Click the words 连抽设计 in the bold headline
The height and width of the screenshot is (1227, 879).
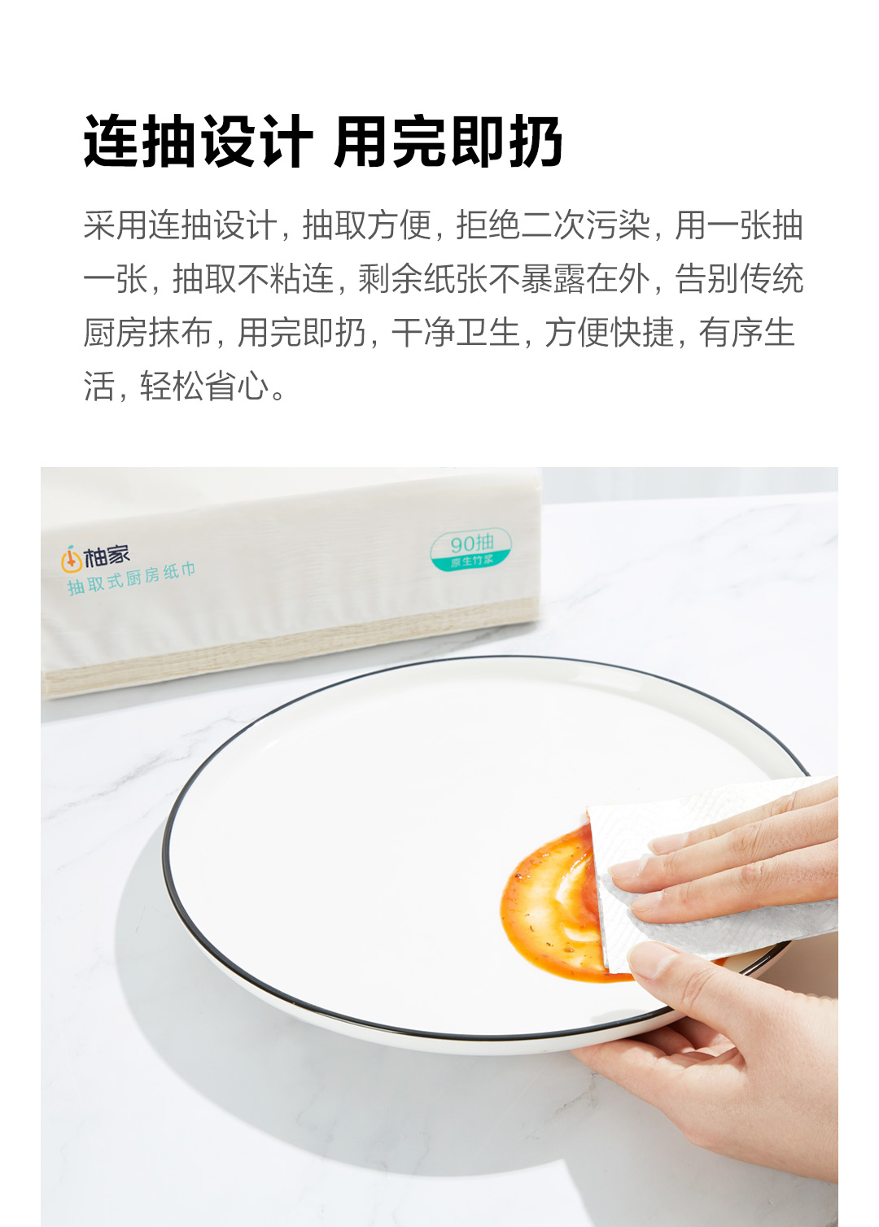(x=198, y=142)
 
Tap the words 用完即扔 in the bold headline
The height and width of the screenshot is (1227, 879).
(x=448, y=142)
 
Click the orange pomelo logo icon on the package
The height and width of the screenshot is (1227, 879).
(x=71, y=560)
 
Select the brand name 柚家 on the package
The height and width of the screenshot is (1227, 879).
(x=107, y=556)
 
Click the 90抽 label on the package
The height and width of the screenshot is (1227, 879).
(x=472, y=544)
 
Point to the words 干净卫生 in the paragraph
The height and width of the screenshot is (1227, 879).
(x=456, y=333)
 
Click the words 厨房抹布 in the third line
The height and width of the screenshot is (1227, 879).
(x=147, y=333)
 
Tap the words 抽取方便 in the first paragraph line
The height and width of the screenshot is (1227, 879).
(x=367, y=225)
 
